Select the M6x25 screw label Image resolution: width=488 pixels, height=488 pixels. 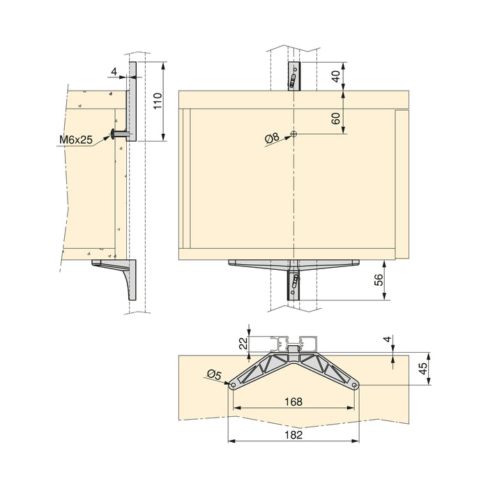tap(76, 140)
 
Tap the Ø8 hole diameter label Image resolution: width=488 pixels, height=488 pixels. tap(272, 139)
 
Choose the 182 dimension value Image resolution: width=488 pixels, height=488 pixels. tap(293, 433)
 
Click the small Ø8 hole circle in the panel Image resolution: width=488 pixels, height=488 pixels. tap(295, 133)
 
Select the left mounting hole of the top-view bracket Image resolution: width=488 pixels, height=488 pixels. tap(232, 384)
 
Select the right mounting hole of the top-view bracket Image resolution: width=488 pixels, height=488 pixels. tap(355, 384)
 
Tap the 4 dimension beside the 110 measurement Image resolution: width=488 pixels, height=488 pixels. tap(114, 70)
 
